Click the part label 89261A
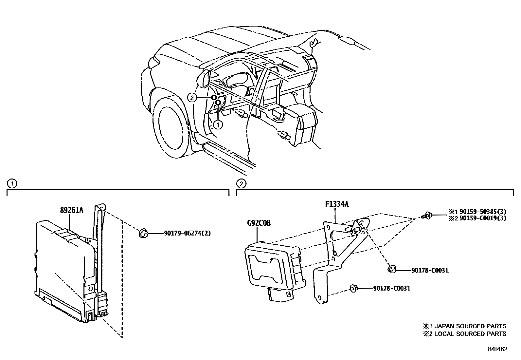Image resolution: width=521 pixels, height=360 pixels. (x=71, y=210)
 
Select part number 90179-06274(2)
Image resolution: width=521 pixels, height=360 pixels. (x=187, y=234)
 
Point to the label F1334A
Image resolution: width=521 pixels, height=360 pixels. (x=337, y=204)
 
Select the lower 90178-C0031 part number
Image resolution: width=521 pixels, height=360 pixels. (x=391, y=288)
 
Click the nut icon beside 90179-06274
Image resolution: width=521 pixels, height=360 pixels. (x=143, y=234)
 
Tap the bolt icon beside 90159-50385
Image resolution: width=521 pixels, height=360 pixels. (x=426, y=216)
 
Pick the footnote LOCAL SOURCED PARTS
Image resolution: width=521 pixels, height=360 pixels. (x=469, y=333)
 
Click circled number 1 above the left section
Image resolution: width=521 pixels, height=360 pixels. (x=12, y=184)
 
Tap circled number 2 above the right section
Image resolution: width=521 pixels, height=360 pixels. (x=241, y=184)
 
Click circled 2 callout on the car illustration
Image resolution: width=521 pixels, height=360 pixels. (x=192, y=97)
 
